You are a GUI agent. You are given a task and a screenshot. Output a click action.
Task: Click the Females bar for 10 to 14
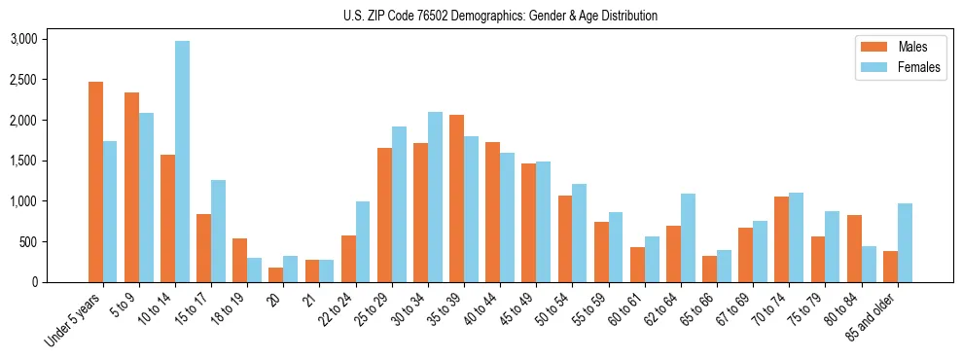(x=183, y=162)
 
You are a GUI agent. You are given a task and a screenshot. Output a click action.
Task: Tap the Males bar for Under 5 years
(x=95, y=182)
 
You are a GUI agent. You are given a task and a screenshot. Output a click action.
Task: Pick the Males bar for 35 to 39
(x=456, y=198)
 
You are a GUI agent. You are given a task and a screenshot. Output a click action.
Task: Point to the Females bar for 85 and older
(x=905, y=243)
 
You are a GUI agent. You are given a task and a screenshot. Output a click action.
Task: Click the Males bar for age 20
(x=275, y=274)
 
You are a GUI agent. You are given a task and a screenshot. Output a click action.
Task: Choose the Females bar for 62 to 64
(x=689, y=238)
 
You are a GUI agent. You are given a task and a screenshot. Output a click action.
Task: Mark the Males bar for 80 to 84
(x=854, y=248)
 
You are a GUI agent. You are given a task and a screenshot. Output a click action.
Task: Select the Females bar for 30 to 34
(x=436, y=198)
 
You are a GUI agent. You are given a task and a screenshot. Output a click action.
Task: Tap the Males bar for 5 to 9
(x=131, y=187)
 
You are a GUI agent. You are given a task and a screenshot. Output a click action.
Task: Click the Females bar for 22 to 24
(x=363, y=242)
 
